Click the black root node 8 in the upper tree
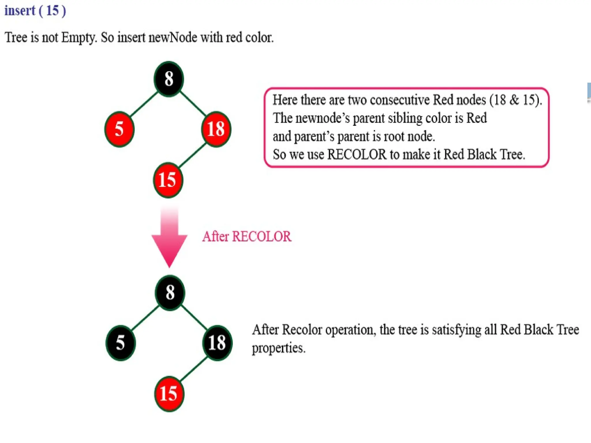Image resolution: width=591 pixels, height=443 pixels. [x=169, y=79]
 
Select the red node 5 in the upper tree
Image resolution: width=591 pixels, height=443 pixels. [x=119, y=129]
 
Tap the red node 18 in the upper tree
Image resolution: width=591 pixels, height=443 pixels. [x=216, y=129]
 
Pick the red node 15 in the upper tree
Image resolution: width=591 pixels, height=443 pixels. [x=168, y=180]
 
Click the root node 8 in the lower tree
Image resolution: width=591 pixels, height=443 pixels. [x=170, y=293]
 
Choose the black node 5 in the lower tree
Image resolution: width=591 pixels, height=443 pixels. [x=121, y=343]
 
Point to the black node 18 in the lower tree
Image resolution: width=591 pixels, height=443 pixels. [x=217, y=343]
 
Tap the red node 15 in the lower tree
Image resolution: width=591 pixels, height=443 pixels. [x=169, y=394]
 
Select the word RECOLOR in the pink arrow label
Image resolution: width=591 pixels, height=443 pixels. [x=261, y=237]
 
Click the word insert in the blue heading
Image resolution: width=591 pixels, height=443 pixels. [x=20, y=11]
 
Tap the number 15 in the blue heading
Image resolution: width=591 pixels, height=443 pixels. [x=52, y=11]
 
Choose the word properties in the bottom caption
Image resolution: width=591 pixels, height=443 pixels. [x=278, y=348]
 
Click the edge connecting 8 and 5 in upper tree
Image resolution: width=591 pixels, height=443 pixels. [x=144, y=104]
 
